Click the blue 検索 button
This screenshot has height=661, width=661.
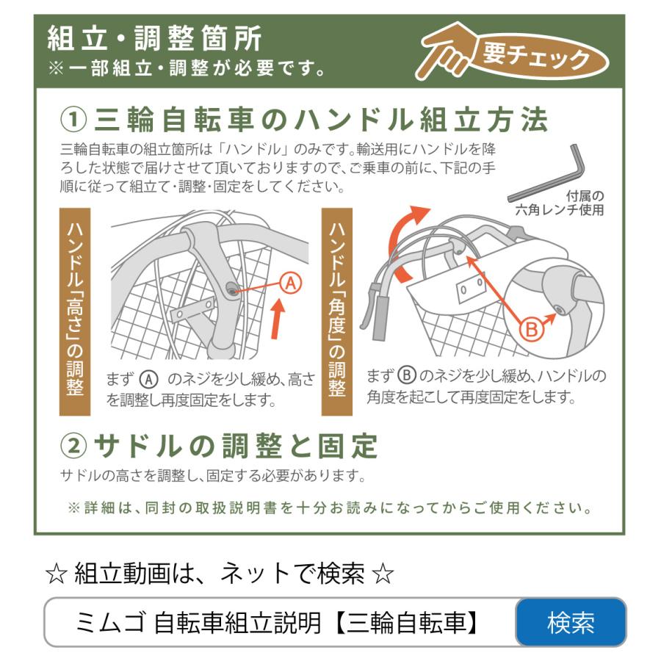[x=571, y=623]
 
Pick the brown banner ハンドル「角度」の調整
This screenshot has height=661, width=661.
[x=337, y=311]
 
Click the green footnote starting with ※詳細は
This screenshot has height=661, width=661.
[x=330, y=508]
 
